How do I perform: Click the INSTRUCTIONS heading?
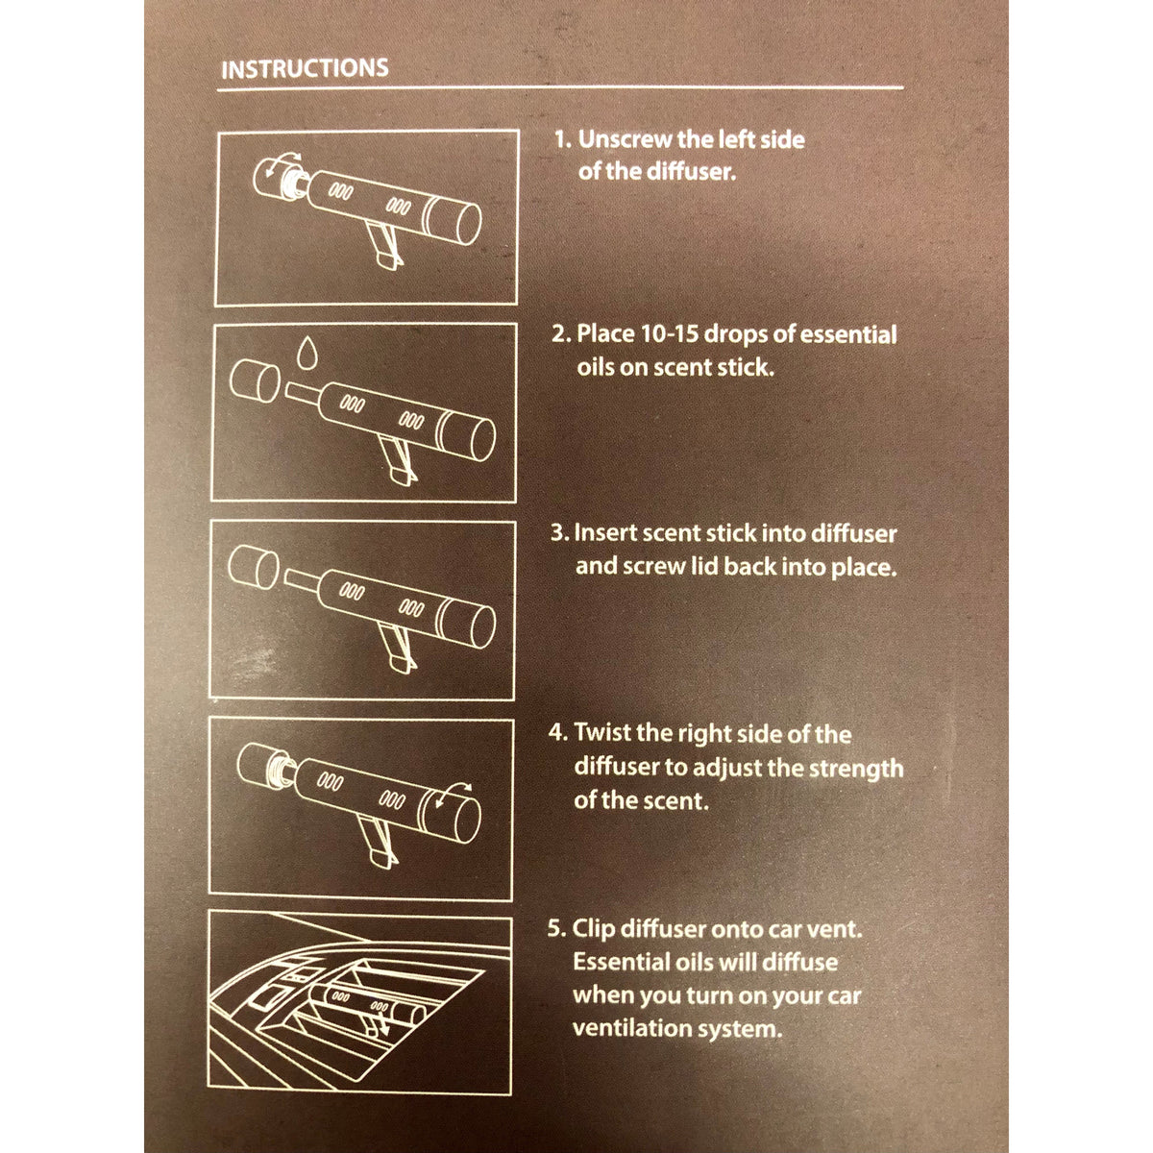pos(305,68)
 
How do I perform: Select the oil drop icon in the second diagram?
pos(307,353)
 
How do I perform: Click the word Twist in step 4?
pos(601,733)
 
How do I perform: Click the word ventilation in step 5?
pos(634,1028)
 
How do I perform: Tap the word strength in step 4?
pos(855,769)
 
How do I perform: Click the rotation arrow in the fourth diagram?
pos(454,794)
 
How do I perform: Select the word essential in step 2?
pos(847,334)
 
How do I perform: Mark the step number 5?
pos(555,930)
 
